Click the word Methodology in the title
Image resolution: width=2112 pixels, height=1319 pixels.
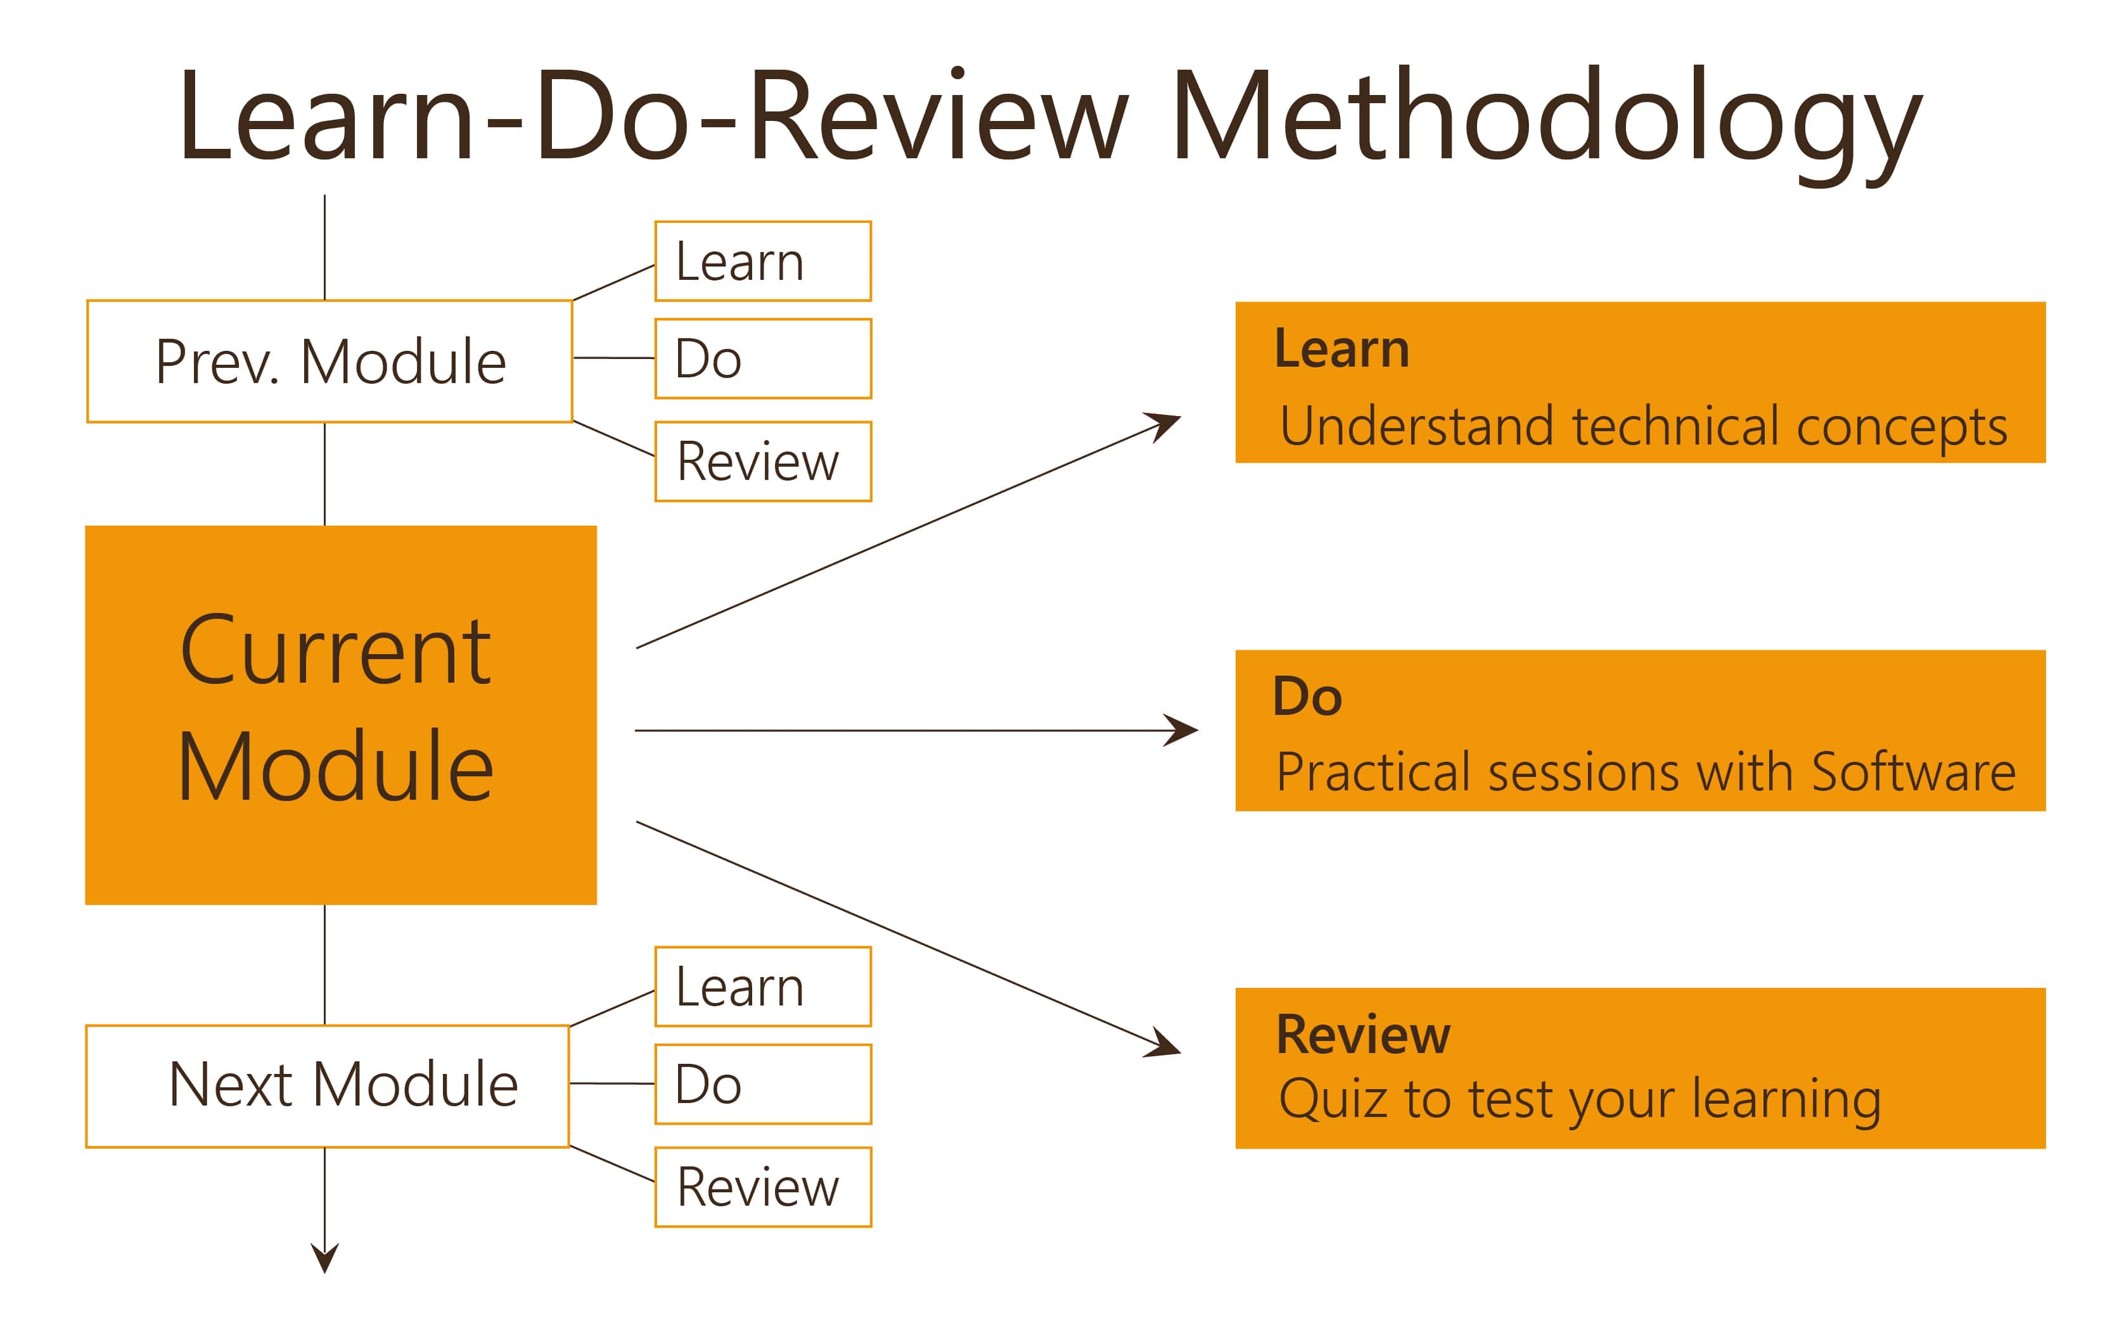pyautogui.click(x=1547, y=124)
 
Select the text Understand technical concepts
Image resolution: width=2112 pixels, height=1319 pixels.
pyautogui.click(x=1643, y=427)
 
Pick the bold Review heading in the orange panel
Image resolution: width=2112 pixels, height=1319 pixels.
pyautogui.click(x=1362, y=1035)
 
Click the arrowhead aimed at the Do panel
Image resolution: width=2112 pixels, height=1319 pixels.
pyautogui.click(x=1182, y=730)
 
